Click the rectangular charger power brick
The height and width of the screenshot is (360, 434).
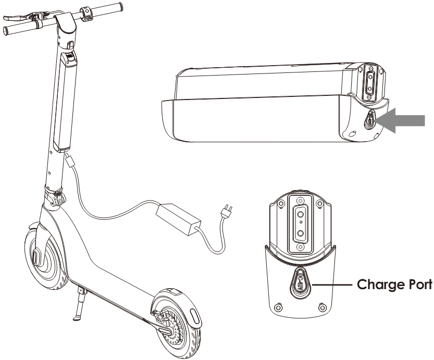click(x=178, y=219)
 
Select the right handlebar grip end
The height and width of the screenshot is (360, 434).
click(x=120, y=7)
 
